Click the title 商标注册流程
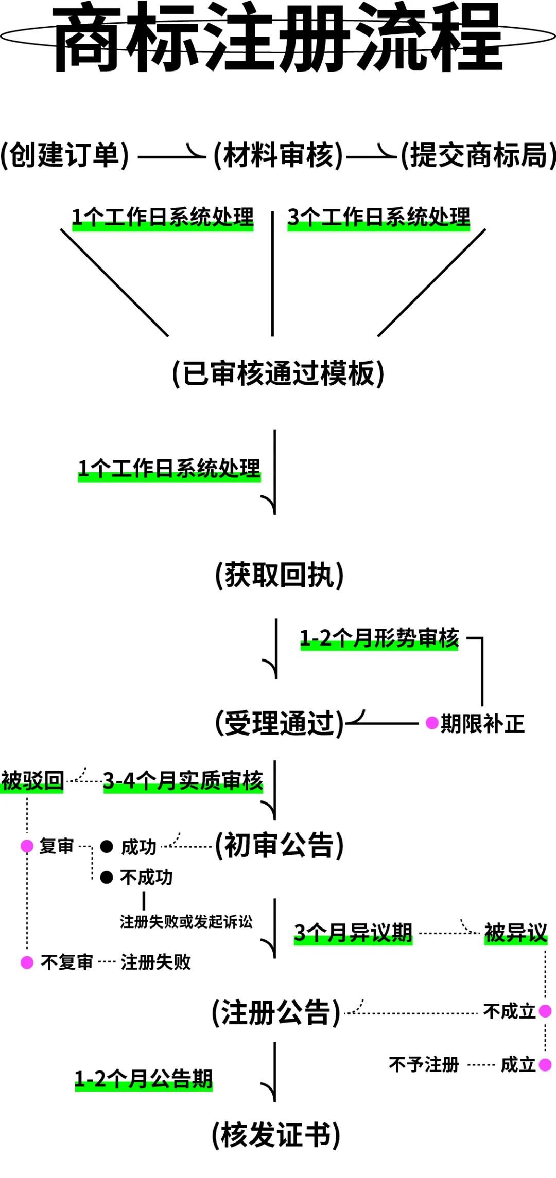tap(278, 39)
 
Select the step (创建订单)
tap(65, 155)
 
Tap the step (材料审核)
tap(278, 155)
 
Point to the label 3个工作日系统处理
tap(378, 218)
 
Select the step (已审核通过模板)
tap(278, 373)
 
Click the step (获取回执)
tap(279, 575)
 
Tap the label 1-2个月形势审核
tap(379, 639)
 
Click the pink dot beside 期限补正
tap(432, 723)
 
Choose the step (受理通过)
tap(279, 723)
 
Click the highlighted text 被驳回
tap(32, 781)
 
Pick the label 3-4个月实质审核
tap(183, 781)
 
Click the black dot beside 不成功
tap(107, 877)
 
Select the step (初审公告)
tap(279, 845)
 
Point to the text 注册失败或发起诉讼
tap(186, 921)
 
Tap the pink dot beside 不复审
tap(27, 962)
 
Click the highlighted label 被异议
tap(515, 933)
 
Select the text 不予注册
tap(424, 1064)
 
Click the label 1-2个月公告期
tap(144, 1079)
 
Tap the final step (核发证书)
tap(276, 1135)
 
